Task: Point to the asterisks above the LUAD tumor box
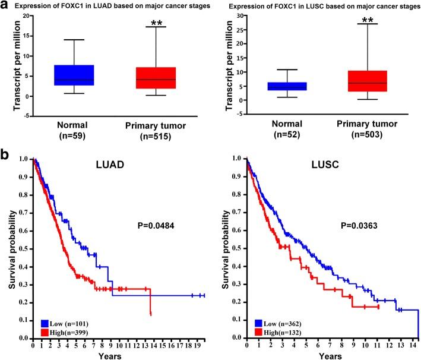(156, 23)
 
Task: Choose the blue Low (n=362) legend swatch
(255, 322)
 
